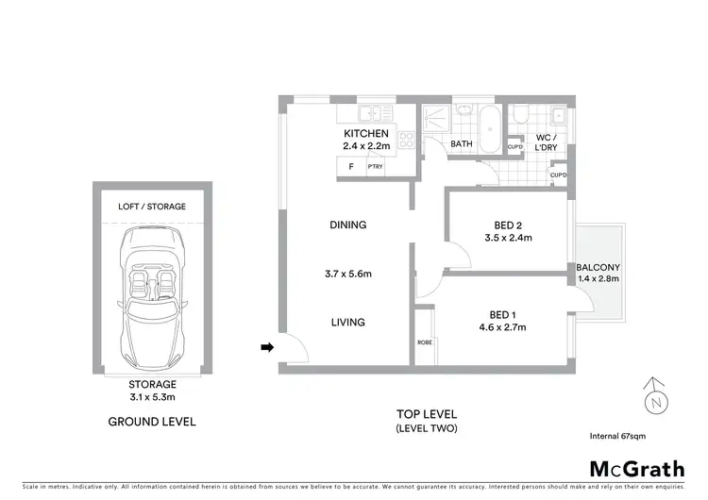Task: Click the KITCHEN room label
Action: [366, 134]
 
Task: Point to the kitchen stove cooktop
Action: [408, 142]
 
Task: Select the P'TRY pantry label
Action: [388, 167]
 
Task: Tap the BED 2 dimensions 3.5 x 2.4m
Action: [508, 239]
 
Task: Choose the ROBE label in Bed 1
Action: [426, 342]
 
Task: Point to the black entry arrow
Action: [267, 348]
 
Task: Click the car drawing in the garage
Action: [152, 292]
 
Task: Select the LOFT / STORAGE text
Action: [152, 206]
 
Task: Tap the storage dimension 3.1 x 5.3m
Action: [152, 397]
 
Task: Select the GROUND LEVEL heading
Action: [152, 422]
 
